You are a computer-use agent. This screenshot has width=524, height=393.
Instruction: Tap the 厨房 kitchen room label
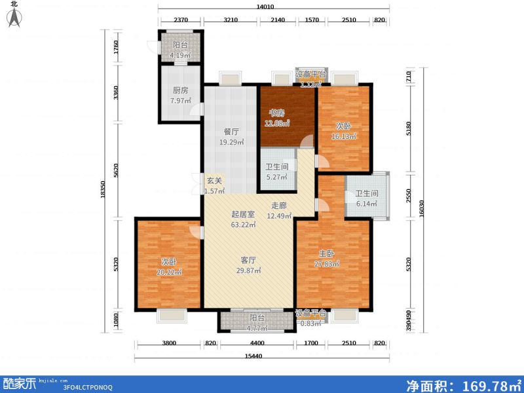[180, 90]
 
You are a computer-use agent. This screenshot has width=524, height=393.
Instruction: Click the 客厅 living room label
[248, 259]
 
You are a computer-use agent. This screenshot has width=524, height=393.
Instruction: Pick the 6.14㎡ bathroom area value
[367, 204]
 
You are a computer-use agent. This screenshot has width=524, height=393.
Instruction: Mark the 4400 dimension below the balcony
[256, 343]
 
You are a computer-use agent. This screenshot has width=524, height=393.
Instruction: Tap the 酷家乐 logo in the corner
[20, 382]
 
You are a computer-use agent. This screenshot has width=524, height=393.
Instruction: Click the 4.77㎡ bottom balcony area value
[256, 327]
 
